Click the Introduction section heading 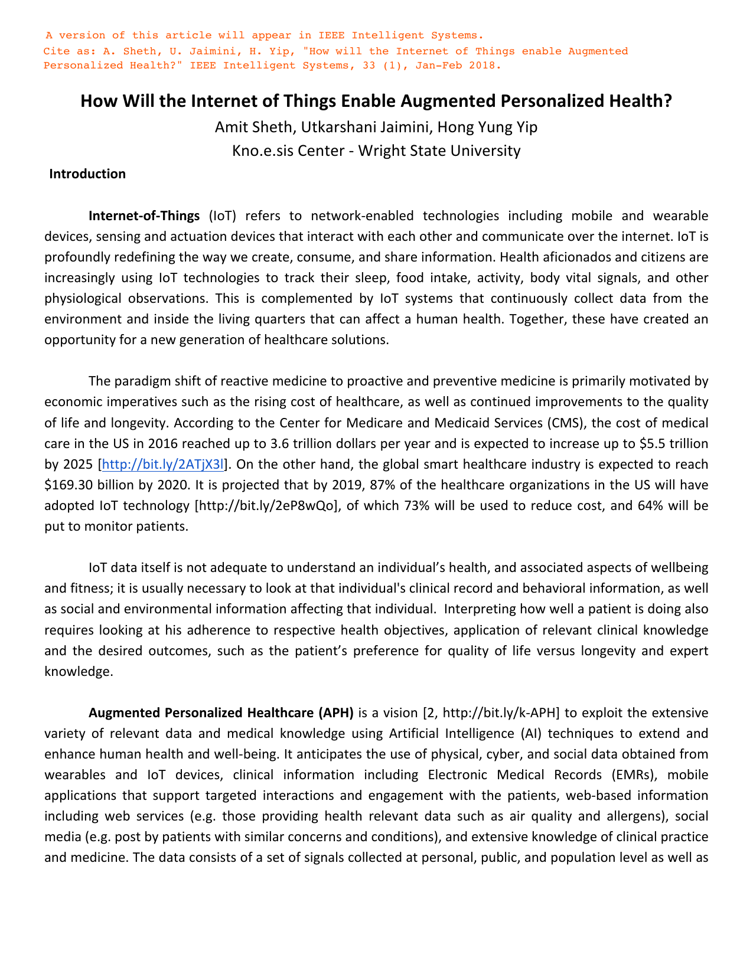pos(87,174)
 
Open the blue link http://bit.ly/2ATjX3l pos(164,465)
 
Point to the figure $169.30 pos(68,485)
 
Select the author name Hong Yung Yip pos(487,127)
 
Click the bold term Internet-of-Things pos(144,215)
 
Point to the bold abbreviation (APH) pos(335,713)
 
